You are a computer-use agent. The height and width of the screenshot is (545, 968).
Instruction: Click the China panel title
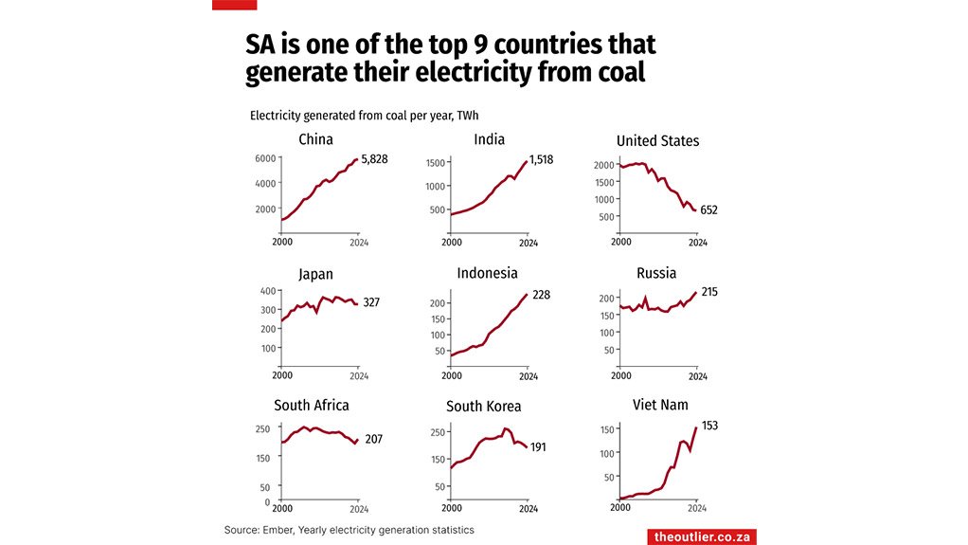(315, 140)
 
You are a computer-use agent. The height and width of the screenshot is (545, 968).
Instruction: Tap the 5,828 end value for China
(374, 158)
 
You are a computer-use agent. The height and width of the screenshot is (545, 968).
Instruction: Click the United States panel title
(657, 141)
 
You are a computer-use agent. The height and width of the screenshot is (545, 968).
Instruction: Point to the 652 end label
(708, 210)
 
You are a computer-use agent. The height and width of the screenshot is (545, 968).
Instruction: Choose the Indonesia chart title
(487, 274)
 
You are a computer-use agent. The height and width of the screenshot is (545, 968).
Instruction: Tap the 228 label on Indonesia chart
(540, 295)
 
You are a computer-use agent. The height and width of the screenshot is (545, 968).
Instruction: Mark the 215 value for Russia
(709, 292)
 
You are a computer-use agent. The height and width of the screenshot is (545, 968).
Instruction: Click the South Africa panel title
(311, 406)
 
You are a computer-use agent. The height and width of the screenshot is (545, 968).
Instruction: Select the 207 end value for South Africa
(373, 440)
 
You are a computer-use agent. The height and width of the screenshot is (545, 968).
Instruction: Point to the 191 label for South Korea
(540, 446)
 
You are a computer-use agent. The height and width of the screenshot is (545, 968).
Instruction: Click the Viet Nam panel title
(660, 406)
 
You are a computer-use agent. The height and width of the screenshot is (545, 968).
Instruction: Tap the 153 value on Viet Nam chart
(709, 426)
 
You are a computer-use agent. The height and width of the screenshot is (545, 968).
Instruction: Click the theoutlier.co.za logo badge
(701, 536)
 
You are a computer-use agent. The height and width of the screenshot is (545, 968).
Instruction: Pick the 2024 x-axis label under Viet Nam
(697, 508)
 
